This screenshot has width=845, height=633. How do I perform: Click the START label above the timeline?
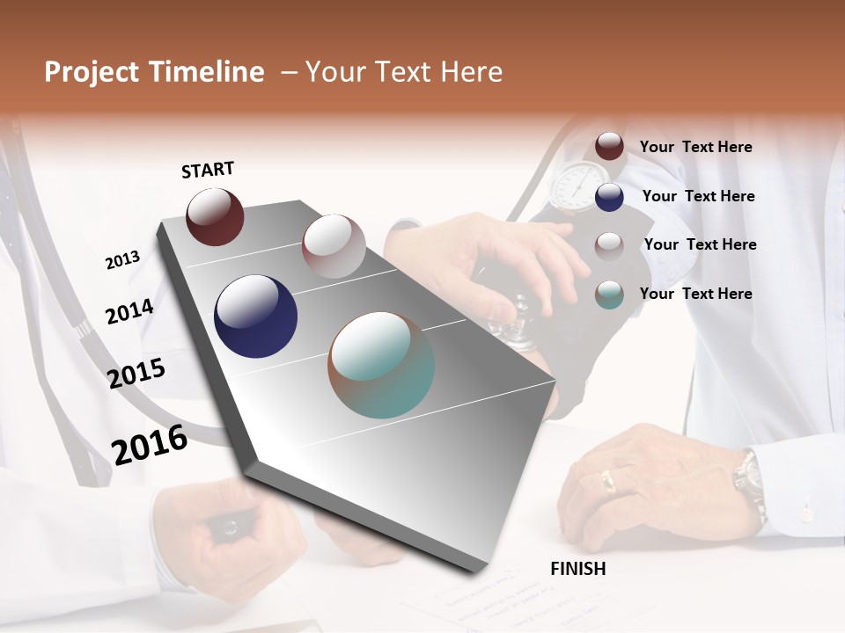tap(208, 170)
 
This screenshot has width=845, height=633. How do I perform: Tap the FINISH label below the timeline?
tap(577, 569)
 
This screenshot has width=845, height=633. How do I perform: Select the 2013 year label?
tap(123, 259)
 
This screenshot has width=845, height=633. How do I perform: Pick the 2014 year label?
tap(130, 311)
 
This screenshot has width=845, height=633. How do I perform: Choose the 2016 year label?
tap(150, 445)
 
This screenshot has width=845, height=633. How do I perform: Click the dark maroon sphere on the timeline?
tap(215, 216)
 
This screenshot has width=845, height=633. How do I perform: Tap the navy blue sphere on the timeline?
tap(255, 316)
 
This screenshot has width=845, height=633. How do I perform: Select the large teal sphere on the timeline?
tap(381, 365)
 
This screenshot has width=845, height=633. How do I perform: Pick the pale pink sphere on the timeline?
tap(334, 245)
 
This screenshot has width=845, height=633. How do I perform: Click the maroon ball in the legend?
tap(609, 146)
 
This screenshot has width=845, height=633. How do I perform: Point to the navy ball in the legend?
tap(609, 197)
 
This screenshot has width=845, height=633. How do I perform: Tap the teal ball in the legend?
tap(609, 295)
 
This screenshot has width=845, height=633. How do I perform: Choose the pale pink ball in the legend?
tap(609, 245)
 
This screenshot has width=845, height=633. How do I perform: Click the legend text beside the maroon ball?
tap(695, 147)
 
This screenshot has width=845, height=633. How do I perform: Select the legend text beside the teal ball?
tap(695, 294)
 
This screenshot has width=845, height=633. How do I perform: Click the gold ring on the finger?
tap(608, 480)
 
